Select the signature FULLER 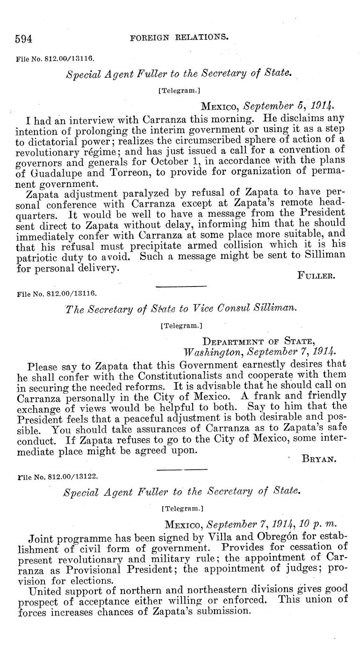[316, 276]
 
